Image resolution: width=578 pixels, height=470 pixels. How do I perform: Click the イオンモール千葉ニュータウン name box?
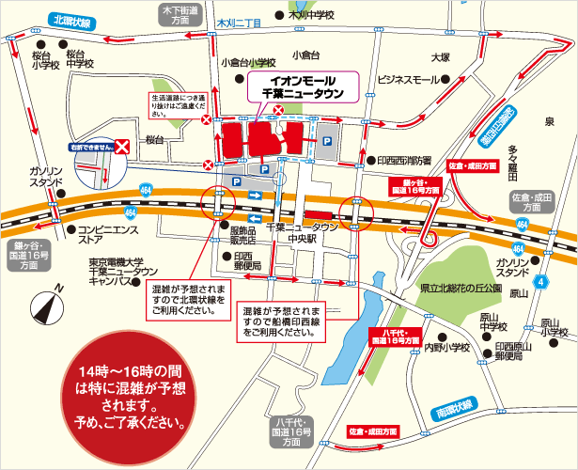(x=300, y=88)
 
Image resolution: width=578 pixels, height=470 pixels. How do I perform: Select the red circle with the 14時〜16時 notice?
(x=133, y=395)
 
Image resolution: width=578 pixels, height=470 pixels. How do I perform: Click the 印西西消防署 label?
(x=404, y=161)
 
